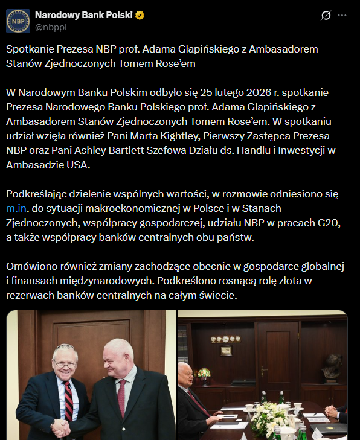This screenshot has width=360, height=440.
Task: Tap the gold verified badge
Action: (x=140, y=15)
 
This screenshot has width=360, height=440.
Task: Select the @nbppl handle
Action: (x=51, y=28)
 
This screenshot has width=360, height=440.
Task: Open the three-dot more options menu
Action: (x=343, y=16)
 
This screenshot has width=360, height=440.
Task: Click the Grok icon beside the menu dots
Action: (x=326, y=16)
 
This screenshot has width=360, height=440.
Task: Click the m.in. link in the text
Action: (x=20, y=208)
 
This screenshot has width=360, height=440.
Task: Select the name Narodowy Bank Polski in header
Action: (x=84, y=15)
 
